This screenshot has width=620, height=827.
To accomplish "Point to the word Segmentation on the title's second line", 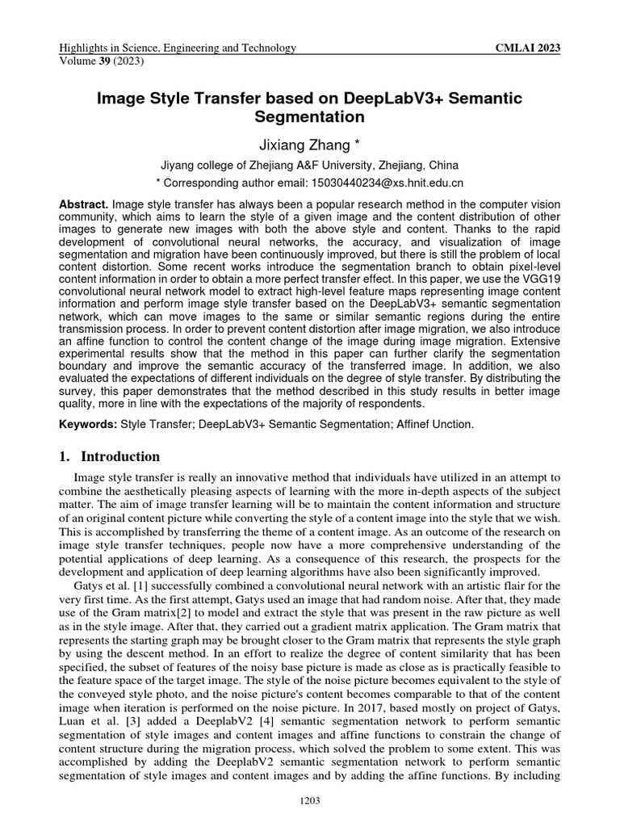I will tap(310, 117).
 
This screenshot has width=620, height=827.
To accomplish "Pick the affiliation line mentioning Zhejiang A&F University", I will tap(310, 164).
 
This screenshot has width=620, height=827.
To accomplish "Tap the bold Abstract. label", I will tap(85, 205).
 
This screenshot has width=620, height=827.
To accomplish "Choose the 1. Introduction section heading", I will tap(111, 457).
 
